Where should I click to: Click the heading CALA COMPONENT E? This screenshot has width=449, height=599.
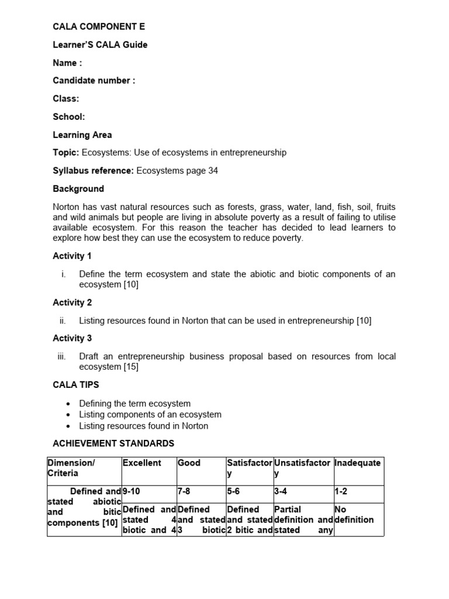coord(99,27)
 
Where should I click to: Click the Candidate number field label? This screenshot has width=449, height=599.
coord(94,81)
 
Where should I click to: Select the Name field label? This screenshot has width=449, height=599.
coord(67,63)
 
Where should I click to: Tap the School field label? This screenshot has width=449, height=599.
coord(68,117)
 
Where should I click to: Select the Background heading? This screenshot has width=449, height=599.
coord(78,189)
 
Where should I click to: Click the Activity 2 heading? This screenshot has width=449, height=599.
coord(72,302)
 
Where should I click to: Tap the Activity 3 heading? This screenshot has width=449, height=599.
coord(72,338)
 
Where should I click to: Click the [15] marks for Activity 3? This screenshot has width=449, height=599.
coord(131,367)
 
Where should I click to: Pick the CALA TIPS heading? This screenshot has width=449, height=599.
coord(76,385)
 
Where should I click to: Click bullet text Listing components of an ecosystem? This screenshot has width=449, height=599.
coord(150,415)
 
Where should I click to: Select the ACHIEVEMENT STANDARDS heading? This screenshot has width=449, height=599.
coord(113,443)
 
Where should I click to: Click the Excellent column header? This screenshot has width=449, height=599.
coord(141,463)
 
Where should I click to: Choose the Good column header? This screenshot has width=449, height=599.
coord(189,463)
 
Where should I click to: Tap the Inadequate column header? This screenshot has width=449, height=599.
coord(357,463)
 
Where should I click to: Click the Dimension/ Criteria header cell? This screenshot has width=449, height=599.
coord(71,467)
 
